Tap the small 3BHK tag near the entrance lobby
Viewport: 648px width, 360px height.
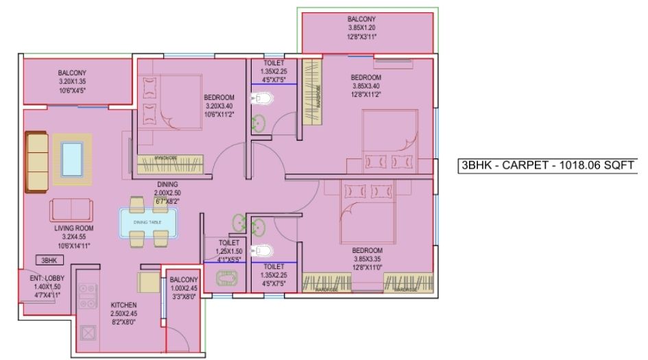coord(49,261)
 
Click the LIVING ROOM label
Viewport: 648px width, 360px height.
coord(74,228)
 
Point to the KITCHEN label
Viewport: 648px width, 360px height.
coord(124,304)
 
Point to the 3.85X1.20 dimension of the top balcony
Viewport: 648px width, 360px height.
coord(367,28)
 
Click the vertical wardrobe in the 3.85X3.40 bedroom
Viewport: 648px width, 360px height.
coord(312,93)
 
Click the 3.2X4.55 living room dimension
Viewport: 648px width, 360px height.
coord(74,236)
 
